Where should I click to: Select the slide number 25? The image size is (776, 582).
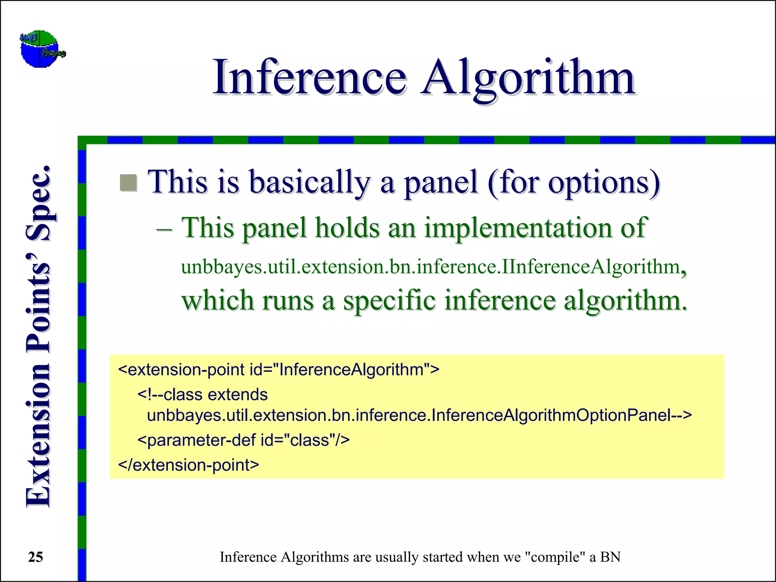point(36,557)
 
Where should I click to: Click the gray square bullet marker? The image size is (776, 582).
point(128,183)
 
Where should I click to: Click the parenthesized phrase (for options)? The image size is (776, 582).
point(574,183)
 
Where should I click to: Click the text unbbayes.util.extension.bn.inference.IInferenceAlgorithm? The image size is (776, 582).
point(430,267)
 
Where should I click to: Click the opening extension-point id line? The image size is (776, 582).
point(278,369)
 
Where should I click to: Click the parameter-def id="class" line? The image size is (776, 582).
point(243,440)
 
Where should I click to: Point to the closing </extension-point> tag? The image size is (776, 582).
point(189,465)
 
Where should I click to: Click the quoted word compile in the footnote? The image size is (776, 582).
point(555,557)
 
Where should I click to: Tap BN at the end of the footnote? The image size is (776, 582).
point(610,557)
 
